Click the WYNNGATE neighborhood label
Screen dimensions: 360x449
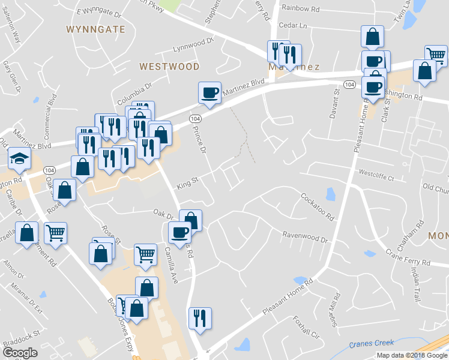(95, 29)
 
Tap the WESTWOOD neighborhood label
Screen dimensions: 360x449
(169, 66)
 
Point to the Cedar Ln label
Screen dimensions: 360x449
(293, 26)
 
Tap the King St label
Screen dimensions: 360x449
(187, 181)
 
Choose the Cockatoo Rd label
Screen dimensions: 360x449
(316, 206)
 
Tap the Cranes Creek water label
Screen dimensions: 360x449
(372, 344)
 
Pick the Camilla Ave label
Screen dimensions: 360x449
(172, 265)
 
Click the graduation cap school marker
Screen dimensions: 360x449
(19, 159)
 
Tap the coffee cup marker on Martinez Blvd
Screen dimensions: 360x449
(209, 93)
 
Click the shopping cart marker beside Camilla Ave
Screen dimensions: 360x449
(145, 254)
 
